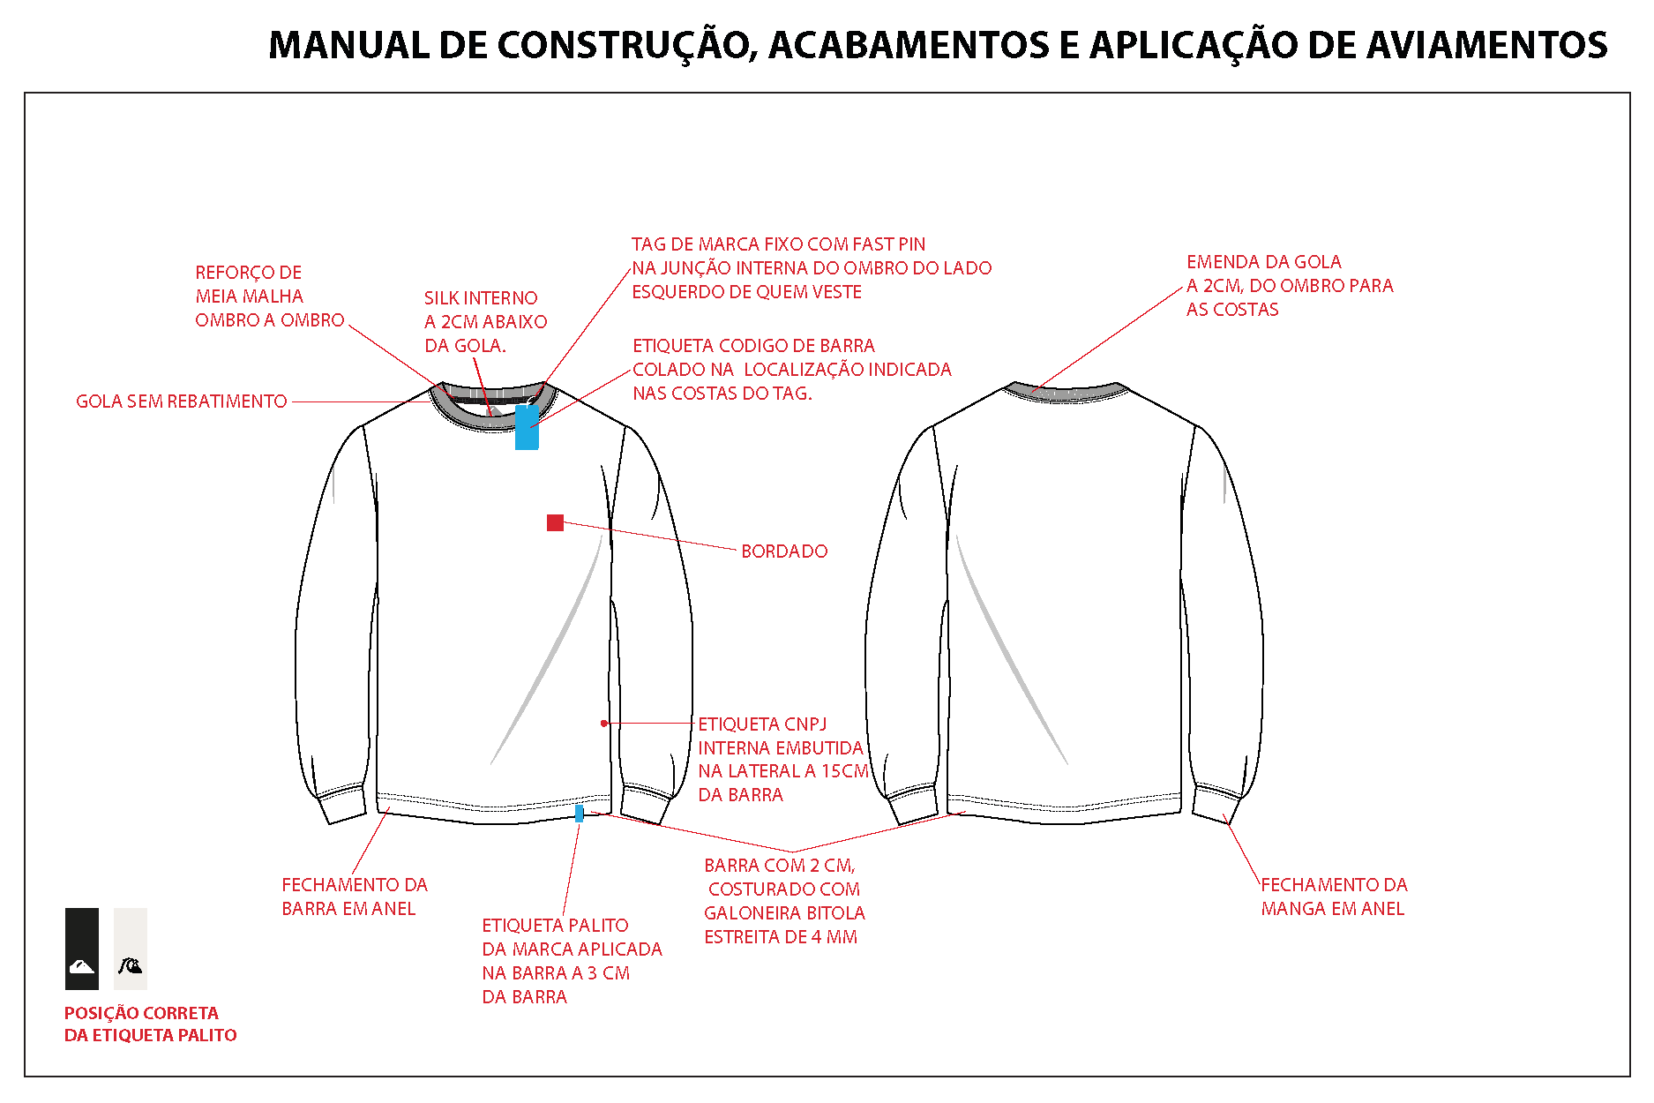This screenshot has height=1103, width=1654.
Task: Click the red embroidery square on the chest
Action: tap(555, 523)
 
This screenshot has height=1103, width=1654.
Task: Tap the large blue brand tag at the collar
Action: tap(527, 427)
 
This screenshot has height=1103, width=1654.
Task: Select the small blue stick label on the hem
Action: tap(579, 813)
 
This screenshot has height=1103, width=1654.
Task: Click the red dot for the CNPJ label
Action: tap(604, 724)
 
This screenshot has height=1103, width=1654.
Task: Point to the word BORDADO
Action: tap(784, 551)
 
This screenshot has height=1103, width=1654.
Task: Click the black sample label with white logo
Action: tap(82, 949)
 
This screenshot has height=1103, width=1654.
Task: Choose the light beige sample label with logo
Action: tap(131, 949)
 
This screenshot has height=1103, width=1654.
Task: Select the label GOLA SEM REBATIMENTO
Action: tap(182, 401)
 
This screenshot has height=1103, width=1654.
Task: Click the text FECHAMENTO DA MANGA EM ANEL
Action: tap(1334, 897)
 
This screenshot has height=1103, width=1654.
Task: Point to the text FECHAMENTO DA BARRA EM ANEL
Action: tap(355, 897)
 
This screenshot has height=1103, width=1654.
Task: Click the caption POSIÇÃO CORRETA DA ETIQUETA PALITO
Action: tap(151, 1024)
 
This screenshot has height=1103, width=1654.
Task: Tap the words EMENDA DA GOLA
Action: tap(1263, 262)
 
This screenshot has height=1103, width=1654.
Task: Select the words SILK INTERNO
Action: tap(481, 298)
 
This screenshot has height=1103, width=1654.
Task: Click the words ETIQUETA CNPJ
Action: tap(762, 724)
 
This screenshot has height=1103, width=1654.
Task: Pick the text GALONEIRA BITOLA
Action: tap(784, 913)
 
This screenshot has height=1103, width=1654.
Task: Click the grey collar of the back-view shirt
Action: tap(1066, 391)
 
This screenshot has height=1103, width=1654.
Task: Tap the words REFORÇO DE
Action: tap(249, 273)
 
